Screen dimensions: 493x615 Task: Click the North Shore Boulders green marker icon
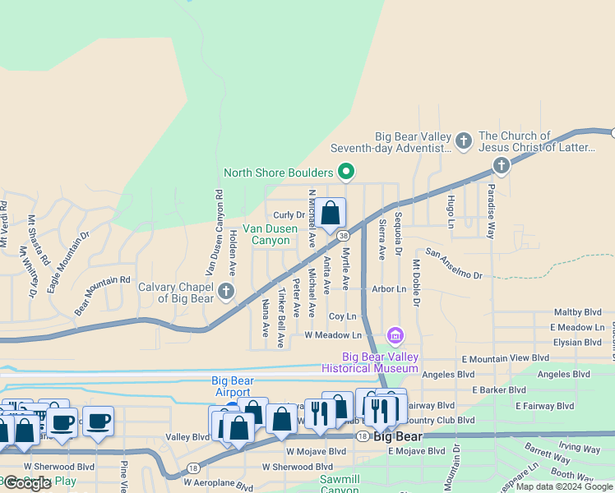[346, 173]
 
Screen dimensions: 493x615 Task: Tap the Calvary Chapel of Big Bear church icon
[226, 290]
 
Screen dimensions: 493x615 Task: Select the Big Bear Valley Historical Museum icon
[395, 335]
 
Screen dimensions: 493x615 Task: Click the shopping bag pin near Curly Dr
[331, 214]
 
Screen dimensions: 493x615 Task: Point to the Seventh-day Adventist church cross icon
[464, 141]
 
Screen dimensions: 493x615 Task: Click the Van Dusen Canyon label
[266, 234]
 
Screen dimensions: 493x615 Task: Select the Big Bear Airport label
[232, 385]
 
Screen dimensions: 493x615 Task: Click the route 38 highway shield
[343, 234]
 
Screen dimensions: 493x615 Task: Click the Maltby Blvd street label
[578, 312]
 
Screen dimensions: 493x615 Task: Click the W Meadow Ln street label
[333, 335]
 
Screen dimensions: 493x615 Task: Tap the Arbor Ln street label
[390, 289]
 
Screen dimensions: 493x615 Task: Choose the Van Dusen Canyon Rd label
[214, 233]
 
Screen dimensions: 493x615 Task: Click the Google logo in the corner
[28, 483]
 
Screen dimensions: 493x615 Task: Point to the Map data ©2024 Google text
[565, 486]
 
